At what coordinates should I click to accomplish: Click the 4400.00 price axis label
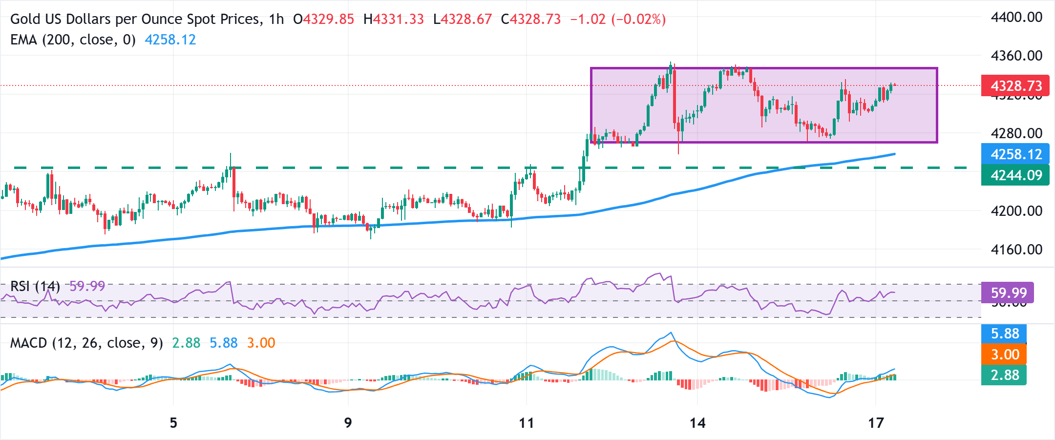[x=1016, y=18]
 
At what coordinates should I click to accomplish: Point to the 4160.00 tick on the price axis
[x=1016, y=250]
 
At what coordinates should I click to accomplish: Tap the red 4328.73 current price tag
[x=1015, y=86]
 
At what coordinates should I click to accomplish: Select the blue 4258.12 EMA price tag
[x=1015, y=154]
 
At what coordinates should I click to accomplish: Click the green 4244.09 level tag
[x=1015, y=175]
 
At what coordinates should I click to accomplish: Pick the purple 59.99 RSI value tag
[x=1007, y=293]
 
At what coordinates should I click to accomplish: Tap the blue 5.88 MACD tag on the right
[x=1004, y=334]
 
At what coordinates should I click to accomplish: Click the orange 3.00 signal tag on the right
[x=1004, y=355]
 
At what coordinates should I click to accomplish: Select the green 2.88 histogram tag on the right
[x=1004, y=375]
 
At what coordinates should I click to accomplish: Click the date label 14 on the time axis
[x=697, y=423]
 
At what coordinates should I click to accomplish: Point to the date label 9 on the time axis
[x=348, y=423]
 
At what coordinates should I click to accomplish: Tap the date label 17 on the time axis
[x=876, y=423]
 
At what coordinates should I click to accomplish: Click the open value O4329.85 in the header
[x=323, y=19]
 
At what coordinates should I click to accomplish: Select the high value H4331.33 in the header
[x=394, y=19]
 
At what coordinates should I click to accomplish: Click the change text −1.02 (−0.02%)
[x=618, y=19]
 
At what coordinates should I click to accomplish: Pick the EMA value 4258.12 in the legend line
[x=170, y=40]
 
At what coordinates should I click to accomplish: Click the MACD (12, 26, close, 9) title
[x=86, y=343]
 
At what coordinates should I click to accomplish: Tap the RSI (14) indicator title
[x=35, y=286]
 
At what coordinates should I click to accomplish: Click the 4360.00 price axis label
[x=1016, y=56]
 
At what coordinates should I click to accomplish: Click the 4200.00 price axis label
[x=1016, y=211]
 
